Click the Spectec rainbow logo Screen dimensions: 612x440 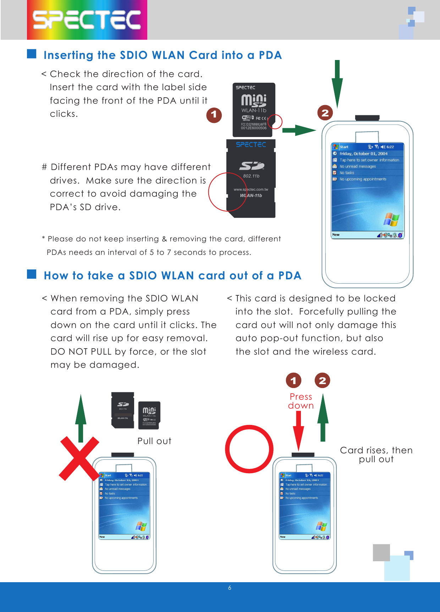[87, 20]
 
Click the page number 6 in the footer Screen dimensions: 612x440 [230, 588]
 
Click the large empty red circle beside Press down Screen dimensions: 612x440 [249, 449]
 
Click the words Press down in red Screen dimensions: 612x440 [301, 401]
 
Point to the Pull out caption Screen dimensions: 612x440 [154, 441]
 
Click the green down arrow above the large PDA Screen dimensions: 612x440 [337, 83]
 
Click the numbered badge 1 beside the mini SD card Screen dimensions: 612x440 [214, 115]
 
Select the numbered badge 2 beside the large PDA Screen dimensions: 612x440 [325, 113]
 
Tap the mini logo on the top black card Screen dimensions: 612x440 [254, 100]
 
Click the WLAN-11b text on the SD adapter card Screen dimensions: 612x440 [251, 195]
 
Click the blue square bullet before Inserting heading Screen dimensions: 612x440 [32, 54]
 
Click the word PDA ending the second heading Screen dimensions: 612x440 [290, 276]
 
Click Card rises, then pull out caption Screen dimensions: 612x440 [376, 455]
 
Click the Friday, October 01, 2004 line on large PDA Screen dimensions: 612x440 [363, 154]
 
